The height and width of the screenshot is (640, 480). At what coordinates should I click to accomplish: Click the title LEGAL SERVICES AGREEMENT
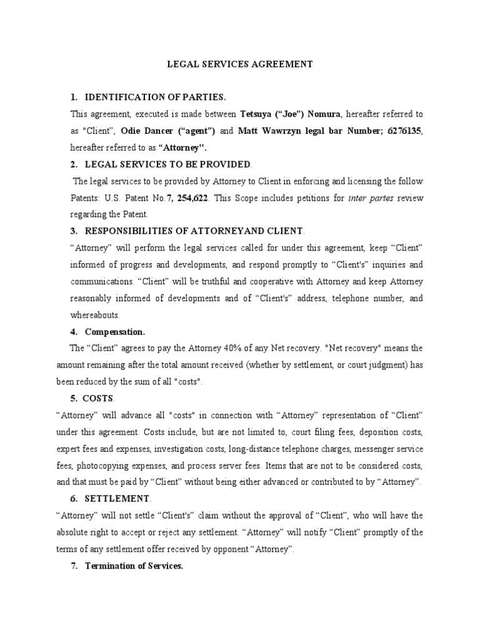(x=239, y=64)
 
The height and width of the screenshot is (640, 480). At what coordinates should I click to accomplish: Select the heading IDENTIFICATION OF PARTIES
(x=155, y=97)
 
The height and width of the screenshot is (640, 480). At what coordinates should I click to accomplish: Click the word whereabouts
(x=94, y=315)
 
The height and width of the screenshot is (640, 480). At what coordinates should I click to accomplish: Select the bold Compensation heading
(x=114, y=331)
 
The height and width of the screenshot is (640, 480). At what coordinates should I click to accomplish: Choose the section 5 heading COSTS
(x=100, y=398)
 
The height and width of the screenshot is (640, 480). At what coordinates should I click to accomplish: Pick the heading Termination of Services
(x=134, y=566)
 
